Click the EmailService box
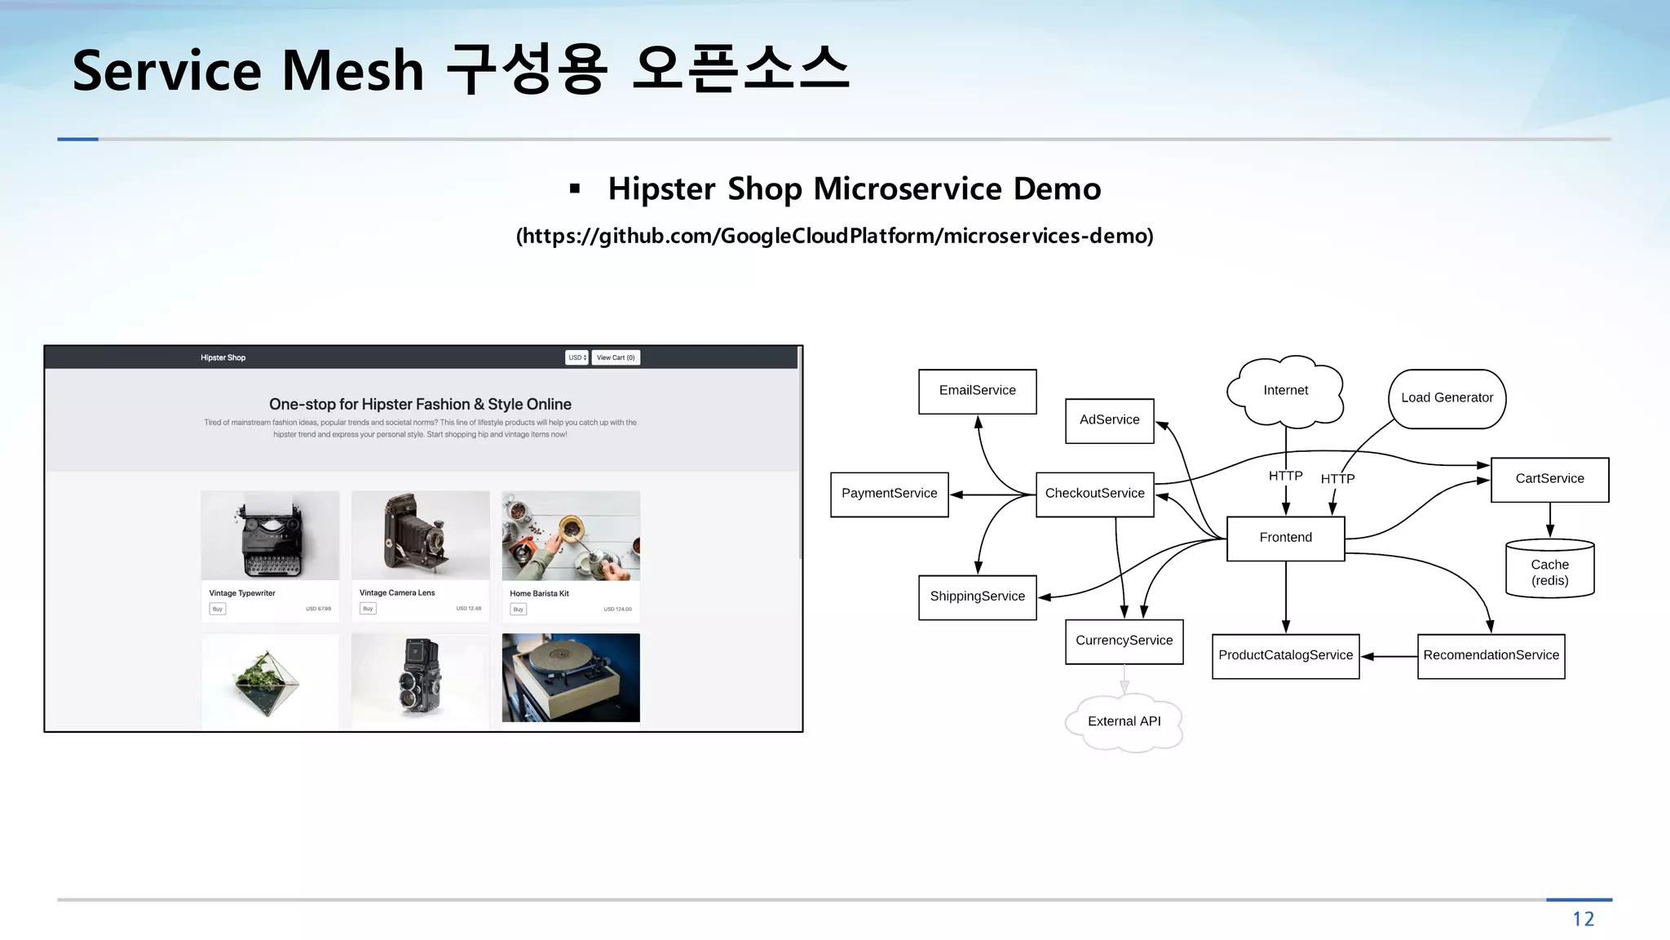click(977, 391)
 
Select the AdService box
click(1109, 420)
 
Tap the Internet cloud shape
click(1285, 391)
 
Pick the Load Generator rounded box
click(1447, 398)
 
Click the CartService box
click(1549, 479)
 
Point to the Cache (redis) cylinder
click(1549, 571)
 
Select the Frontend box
click(1285, 538)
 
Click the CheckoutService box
click(1094, 494)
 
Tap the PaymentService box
click(889, 494)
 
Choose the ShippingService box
click(977, 596)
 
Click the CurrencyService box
click(1124, 641)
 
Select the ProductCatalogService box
click(1285, 655)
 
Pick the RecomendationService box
click(1491, 655)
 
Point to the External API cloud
click(1124, 721)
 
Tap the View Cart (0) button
click(616, 357)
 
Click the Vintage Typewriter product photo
click(270, 535)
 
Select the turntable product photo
click(571, 677)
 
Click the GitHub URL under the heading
click(834, 236)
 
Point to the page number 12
click(1583, 920)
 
